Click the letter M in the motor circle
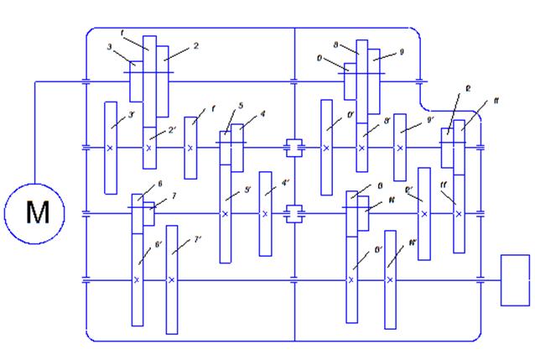[x=38, y=213]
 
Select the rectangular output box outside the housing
[x=516, y=279]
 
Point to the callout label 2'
[x=171, y=130]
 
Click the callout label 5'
[x=247, y=190]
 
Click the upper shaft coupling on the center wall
[x=293, y=148]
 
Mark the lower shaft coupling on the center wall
[x=293, y=214]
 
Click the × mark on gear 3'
[x=110, y=148]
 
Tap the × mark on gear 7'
[x=172, y=280]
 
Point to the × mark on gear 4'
[x=265, y=214]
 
